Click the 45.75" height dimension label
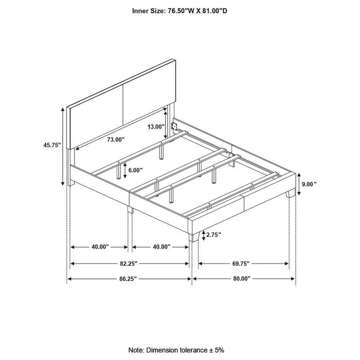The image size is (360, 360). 52,146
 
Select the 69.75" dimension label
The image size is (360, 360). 240,263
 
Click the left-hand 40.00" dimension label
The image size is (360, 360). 100,247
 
